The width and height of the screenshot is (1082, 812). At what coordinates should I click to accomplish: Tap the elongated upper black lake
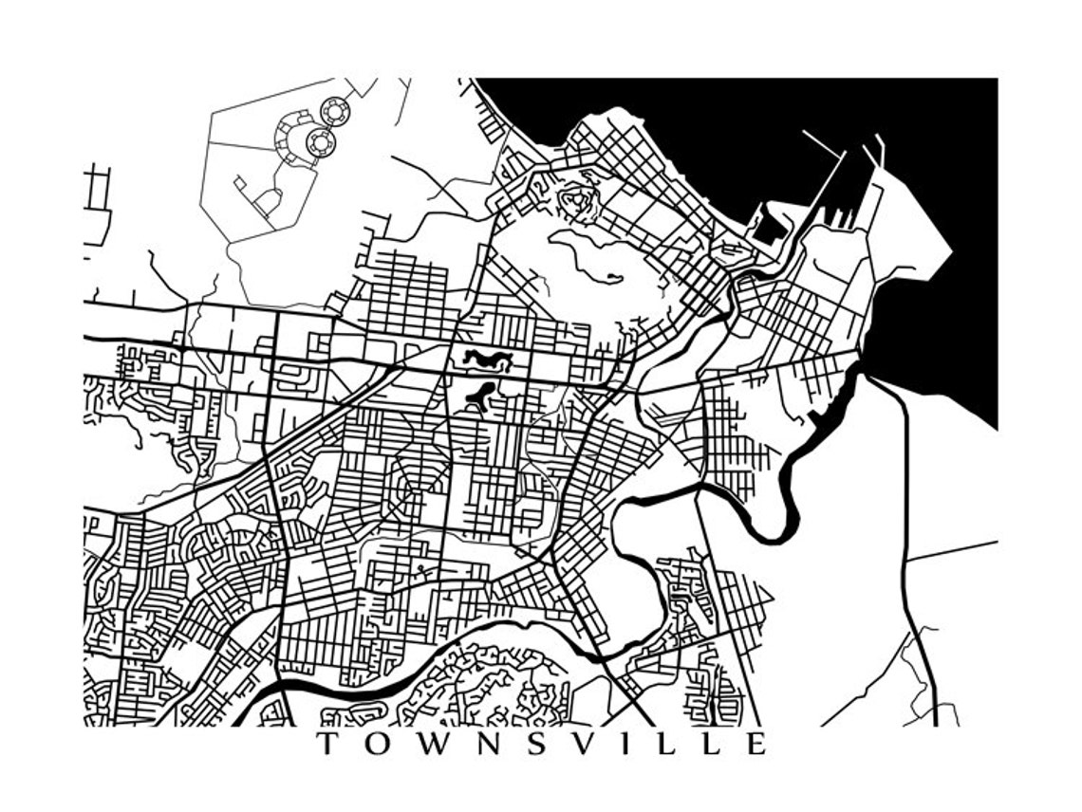click(x=488, y=360)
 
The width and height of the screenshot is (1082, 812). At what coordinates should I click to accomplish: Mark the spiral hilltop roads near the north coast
click(x=574, y=200)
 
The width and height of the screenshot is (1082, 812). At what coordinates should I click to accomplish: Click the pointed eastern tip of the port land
click(x=950, y=252)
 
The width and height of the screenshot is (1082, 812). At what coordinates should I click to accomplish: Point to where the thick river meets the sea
click(x=860, y=366)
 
